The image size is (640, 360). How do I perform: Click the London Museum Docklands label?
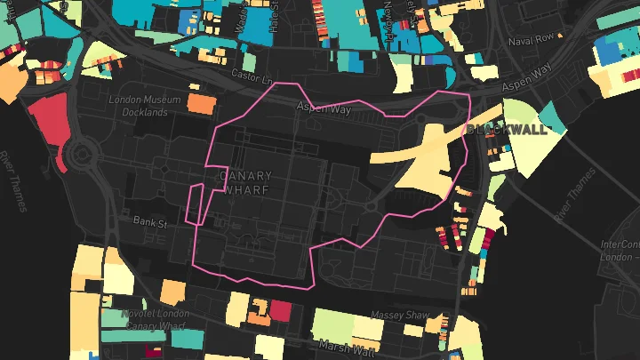coord(138,106)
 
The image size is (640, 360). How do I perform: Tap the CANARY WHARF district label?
coord(244,183)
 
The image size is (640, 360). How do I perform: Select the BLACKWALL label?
coord(506,129)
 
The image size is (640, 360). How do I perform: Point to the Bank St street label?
coord(149,223)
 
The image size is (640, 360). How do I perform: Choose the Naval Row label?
coord(531,39)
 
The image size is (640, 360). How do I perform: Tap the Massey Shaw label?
coord(404,316)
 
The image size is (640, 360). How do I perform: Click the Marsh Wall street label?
coord(348,347)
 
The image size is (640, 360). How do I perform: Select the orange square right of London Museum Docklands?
coord(201,103)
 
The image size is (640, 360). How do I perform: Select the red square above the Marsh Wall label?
coord(280,310)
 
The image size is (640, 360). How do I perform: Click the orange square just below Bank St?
coord(173,292)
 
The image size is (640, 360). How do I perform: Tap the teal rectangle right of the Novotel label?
coord(187,338)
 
